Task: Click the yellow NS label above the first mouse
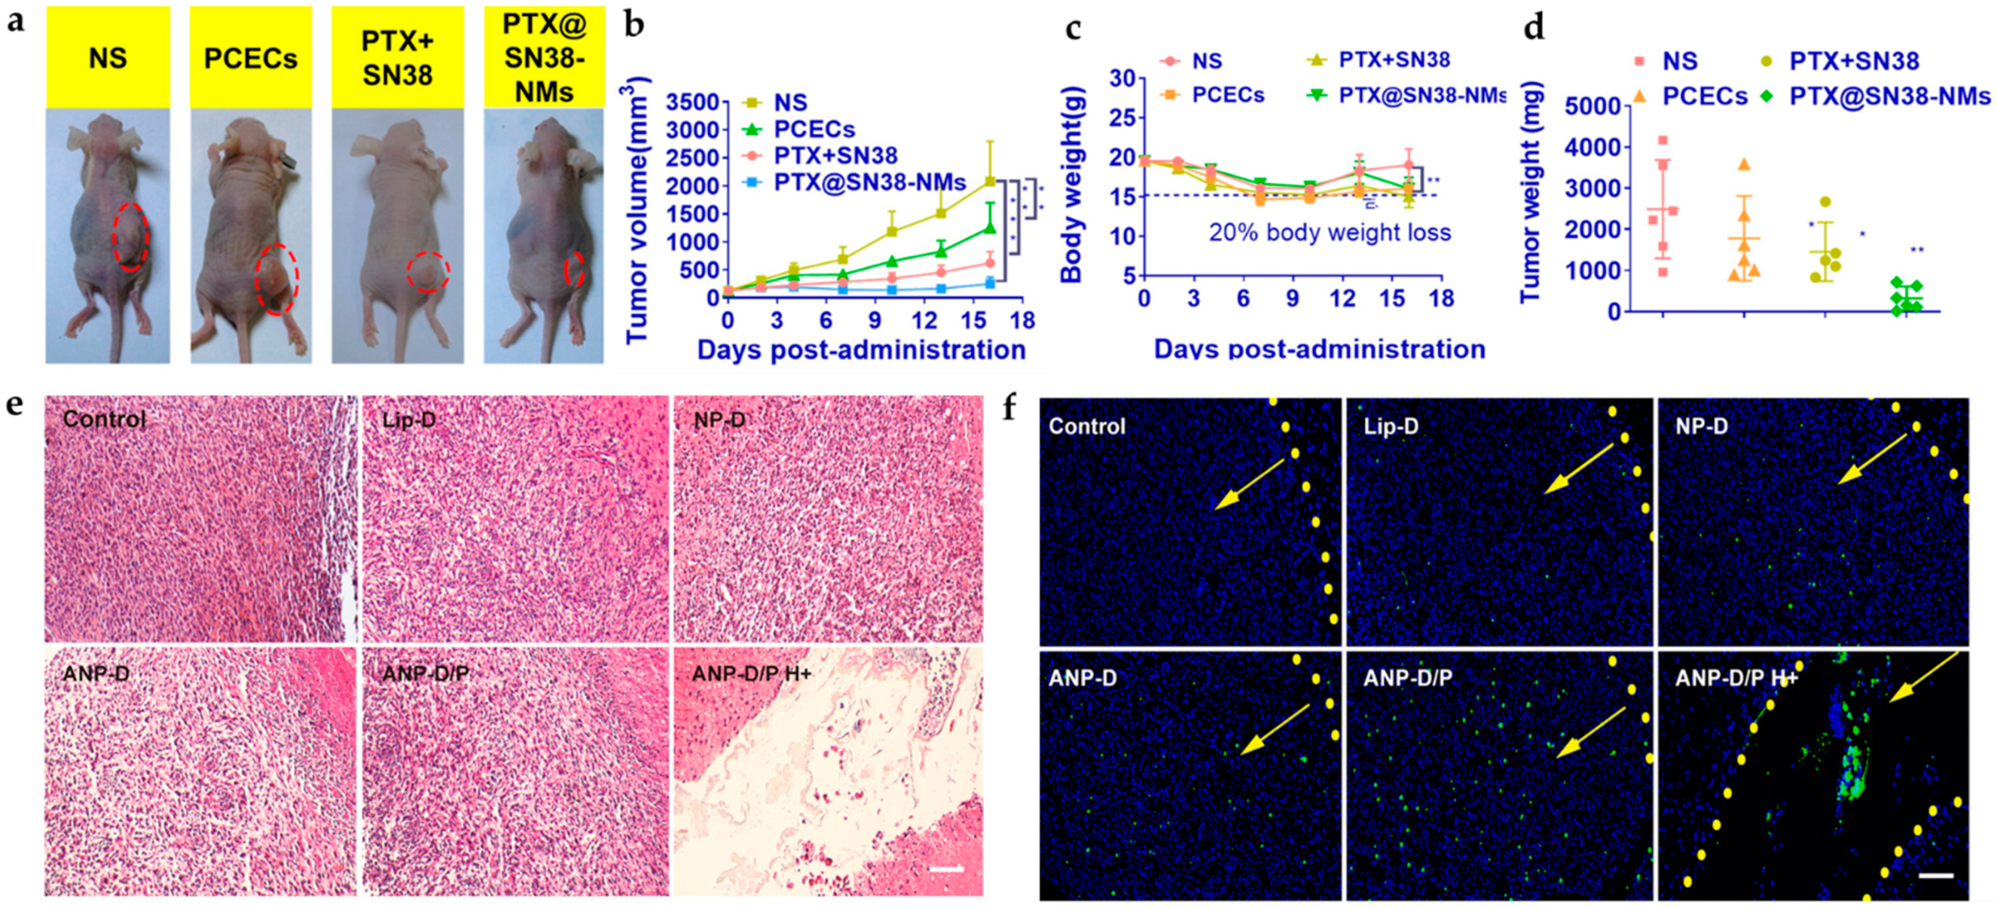click(108, 58)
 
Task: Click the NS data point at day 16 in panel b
click(990, 180)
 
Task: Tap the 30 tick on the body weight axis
click(1122, 78)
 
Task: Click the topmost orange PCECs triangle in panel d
click(1744, 164)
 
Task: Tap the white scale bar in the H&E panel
click(945, 869)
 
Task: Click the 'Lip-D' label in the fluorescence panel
click(1391, 426)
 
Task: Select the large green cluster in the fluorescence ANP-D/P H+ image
click(1852, 774)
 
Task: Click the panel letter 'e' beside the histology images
click(14, 405)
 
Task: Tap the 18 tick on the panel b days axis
click(1022, 320)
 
